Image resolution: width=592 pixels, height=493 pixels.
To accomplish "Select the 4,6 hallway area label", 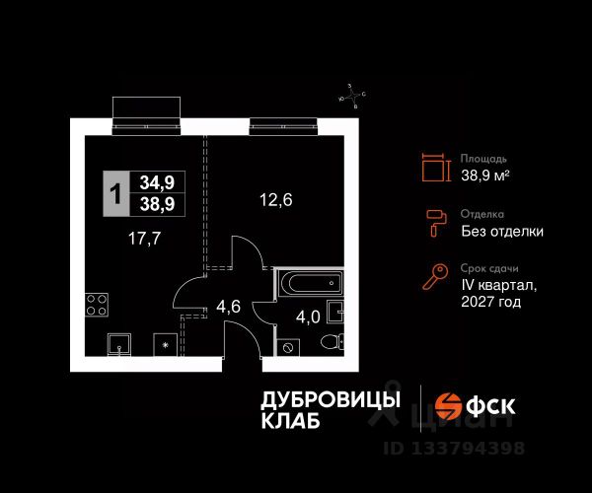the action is click(x=228, y=306).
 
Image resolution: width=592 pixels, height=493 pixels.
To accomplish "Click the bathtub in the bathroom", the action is click(x=308, y=283).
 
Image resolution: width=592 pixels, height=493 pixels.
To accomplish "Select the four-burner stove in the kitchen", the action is click(x=98, y=306).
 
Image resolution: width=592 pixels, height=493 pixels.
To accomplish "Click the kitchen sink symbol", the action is click(x=118, y=344).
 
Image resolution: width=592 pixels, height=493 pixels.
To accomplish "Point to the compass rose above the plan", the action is click(x=352, y=95).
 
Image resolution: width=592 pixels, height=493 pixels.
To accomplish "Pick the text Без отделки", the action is click(x=502, y=232).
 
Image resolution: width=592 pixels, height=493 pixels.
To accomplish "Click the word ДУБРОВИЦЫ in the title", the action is click(x=330, y=399).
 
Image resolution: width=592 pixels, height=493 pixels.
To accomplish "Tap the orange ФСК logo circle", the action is click(x=450, y=405).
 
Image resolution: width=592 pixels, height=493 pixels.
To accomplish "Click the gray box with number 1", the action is click(x=115, y=193).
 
